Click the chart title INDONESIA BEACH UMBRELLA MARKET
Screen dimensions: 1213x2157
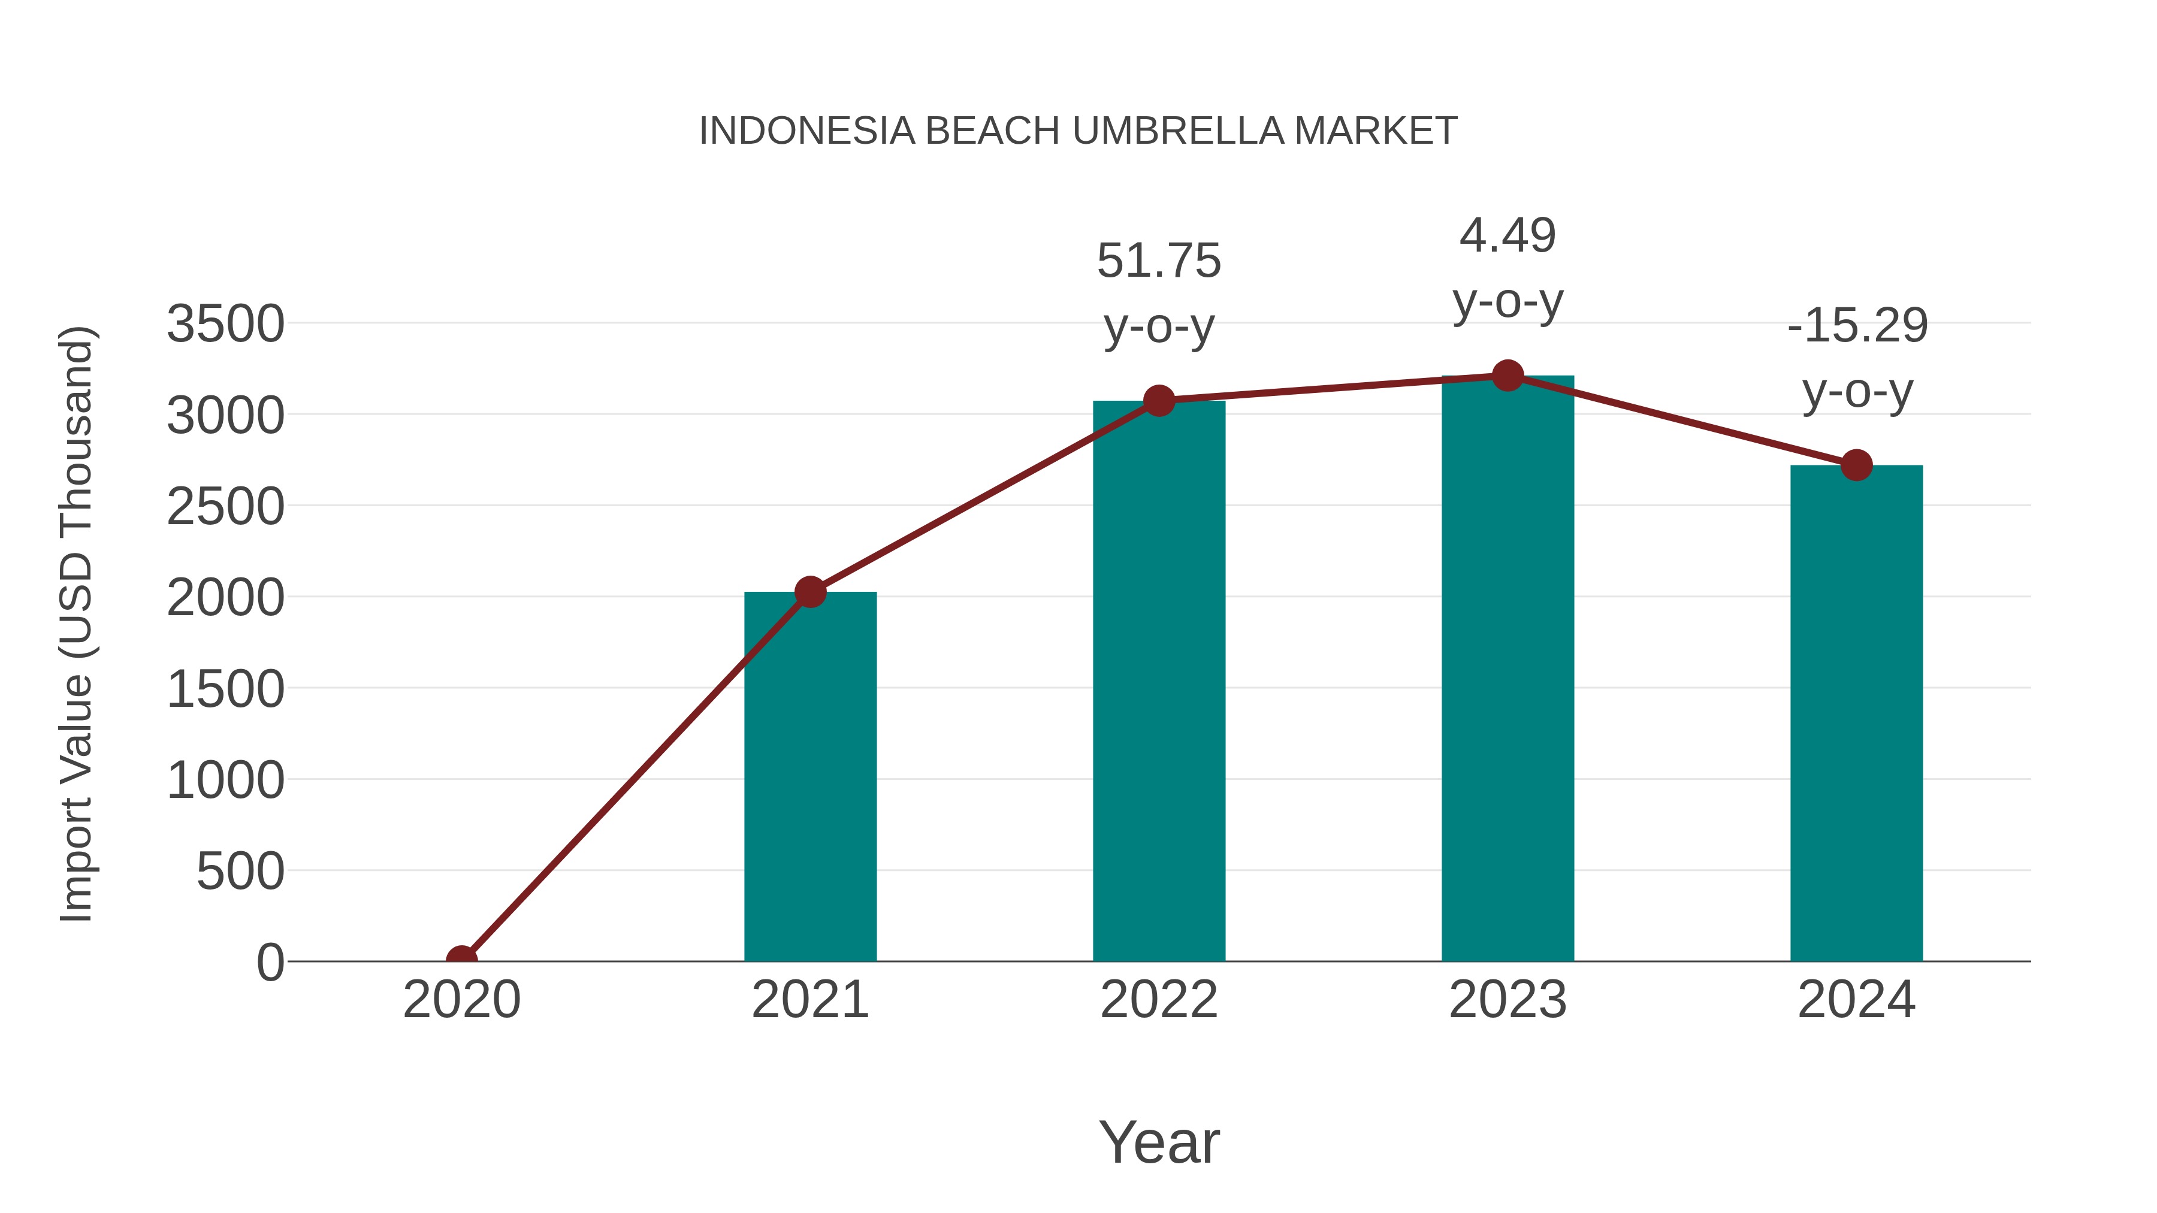click(x=1078, y=131)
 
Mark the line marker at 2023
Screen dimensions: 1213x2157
click(x=1508, y=376)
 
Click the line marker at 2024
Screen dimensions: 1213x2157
click(x=1856, y=465)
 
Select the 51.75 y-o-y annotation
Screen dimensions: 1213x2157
click(x=1159, y=292)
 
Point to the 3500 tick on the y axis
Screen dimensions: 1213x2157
click(x=225, y=324)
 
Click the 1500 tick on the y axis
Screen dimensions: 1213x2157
click(x=225, y=689)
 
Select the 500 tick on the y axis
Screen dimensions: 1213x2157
click(x=240, y=872)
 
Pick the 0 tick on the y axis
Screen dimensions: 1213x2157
click(x=270, y=962)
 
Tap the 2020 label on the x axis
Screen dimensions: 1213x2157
click(x=461, y=1000)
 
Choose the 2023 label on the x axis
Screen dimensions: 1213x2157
click(x=1508, y=1000)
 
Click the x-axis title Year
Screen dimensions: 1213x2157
click(x=1159, y=1142)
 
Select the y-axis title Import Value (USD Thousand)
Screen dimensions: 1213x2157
click(x=76, y=624)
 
